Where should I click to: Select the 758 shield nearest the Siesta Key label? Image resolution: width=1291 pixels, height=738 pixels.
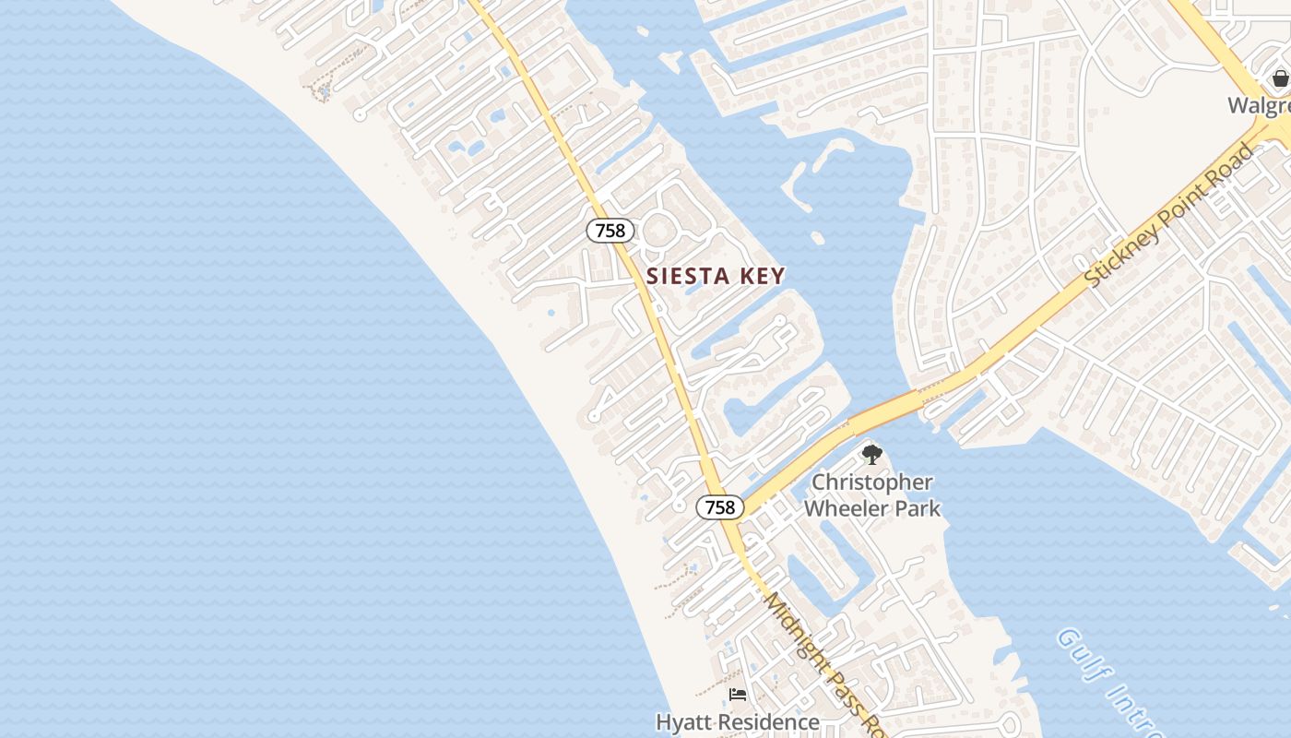610,231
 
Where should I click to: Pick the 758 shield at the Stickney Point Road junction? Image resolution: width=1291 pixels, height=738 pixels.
719,507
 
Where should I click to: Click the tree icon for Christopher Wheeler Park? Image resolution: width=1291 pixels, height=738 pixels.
871,455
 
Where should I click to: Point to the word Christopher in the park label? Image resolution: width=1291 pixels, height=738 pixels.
871,482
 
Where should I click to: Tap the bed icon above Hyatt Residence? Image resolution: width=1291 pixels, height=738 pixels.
738,694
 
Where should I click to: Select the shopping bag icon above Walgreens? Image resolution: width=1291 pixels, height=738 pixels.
1280,79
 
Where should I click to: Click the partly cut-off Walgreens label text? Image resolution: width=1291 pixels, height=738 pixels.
1259,105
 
